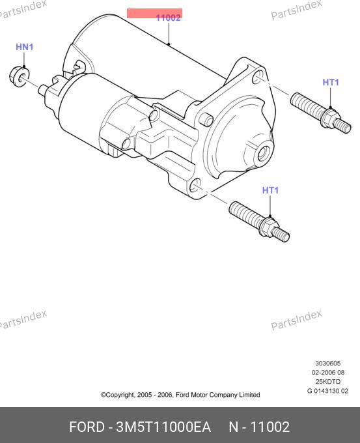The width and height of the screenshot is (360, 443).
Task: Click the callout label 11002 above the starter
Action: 169,18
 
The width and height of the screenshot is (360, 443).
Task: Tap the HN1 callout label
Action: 25,47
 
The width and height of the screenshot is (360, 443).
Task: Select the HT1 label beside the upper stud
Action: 331,82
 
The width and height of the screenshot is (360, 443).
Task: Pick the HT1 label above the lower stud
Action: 271,190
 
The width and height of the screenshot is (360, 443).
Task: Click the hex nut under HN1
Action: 20,76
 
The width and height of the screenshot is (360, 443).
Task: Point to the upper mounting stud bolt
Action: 321,113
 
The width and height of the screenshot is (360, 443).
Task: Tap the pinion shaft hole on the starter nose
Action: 265,154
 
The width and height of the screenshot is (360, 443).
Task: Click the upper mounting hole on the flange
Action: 258,77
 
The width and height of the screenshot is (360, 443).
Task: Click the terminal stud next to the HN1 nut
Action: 43,90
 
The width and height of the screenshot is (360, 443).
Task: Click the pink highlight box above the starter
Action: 154,13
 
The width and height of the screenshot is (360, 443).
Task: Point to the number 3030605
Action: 328,364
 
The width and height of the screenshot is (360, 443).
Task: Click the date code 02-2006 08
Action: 328,373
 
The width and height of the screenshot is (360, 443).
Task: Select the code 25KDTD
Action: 328,382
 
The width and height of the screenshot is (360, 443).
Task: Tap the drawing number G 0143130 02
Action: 328,391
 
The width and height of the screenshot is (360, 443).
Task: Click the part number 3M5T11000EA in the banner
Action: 163,427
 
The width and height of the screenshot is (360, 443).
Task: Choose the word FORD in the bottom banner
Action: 87,427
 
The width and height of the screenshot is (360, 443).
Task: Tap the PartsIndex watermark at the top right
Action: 296,10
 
